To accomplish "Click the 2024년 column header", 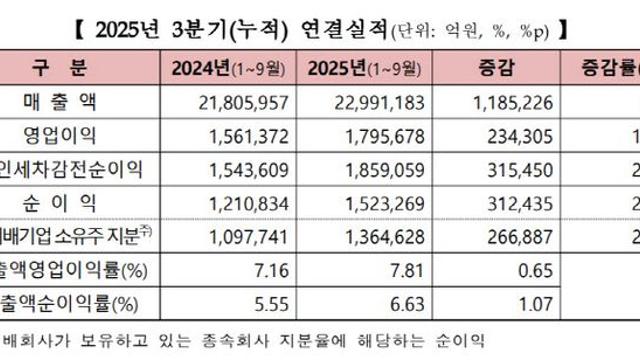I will pyautogui.click(x=223, y=70).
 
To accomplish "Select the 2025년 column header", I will pyautogui.click(x=366, y=70).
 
